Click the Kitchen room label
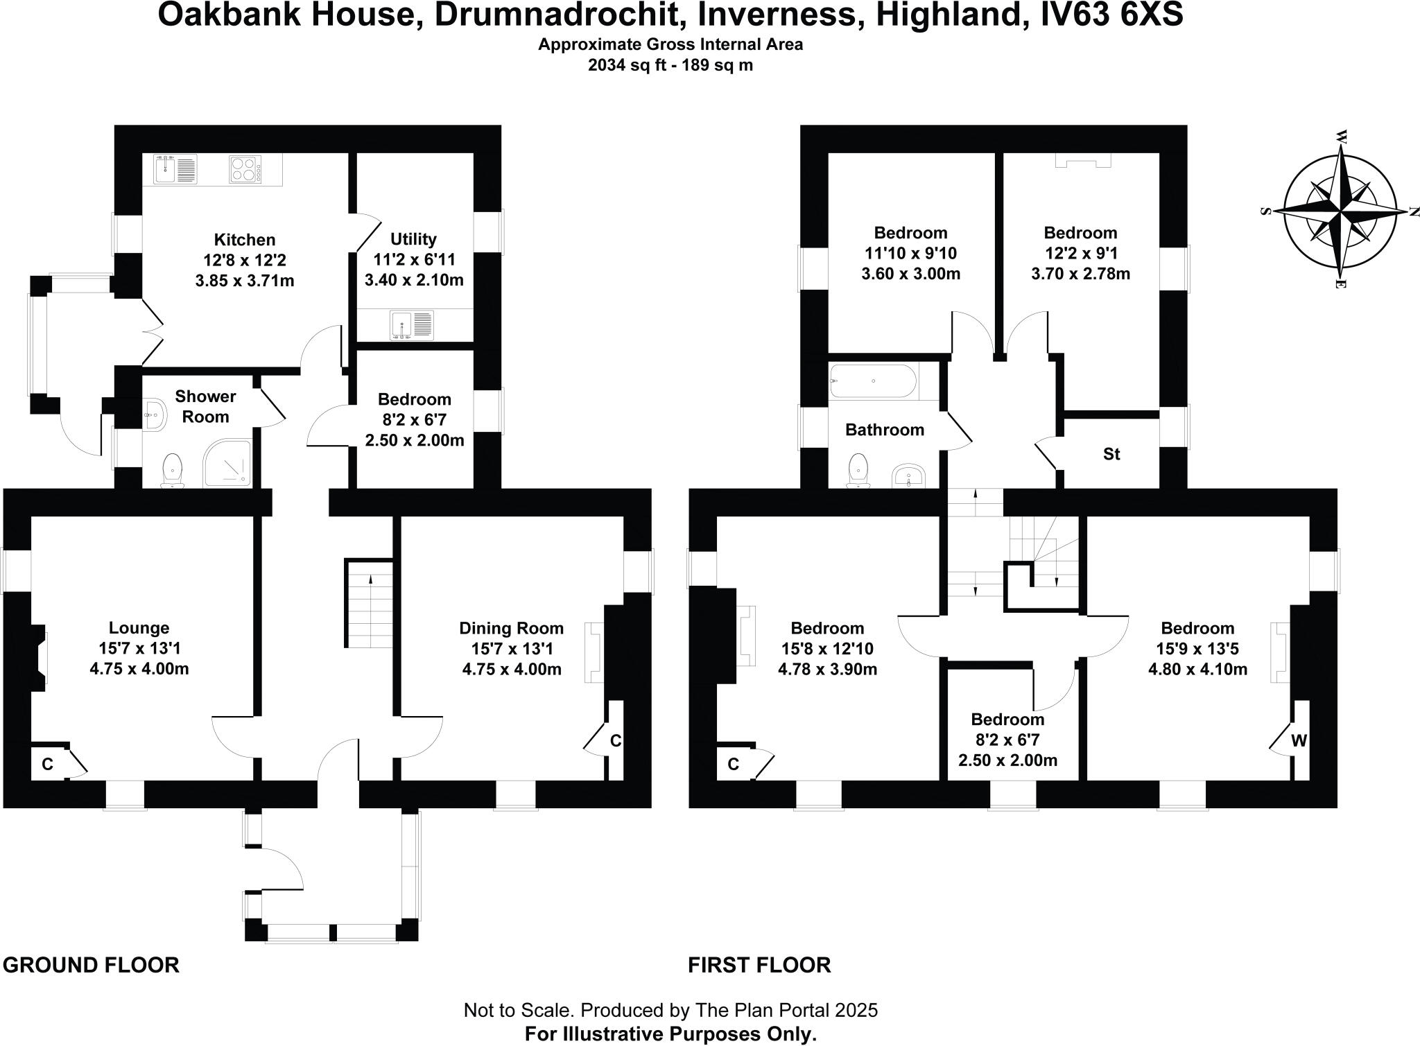[x=244, y=240]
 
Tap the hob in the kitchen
[x=245, y=170]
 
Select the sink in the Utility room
[x=412, y=325]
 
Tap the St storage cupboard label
[x=1111, y=454]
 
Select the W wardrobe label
[x=1299, y=741]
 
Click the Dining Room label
[x=511, y=628]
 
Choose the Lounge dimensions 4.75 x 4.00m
[x=139, y=669]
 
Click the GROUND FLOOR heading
[x=91, y=965]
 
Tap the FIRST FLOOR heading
[x=759, y=965]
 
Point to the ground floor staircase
[x=369, y=603]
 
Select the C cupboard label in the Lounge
[x=47, y=765]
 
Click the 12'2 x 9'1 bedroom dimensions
[x=1080, y=253]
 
